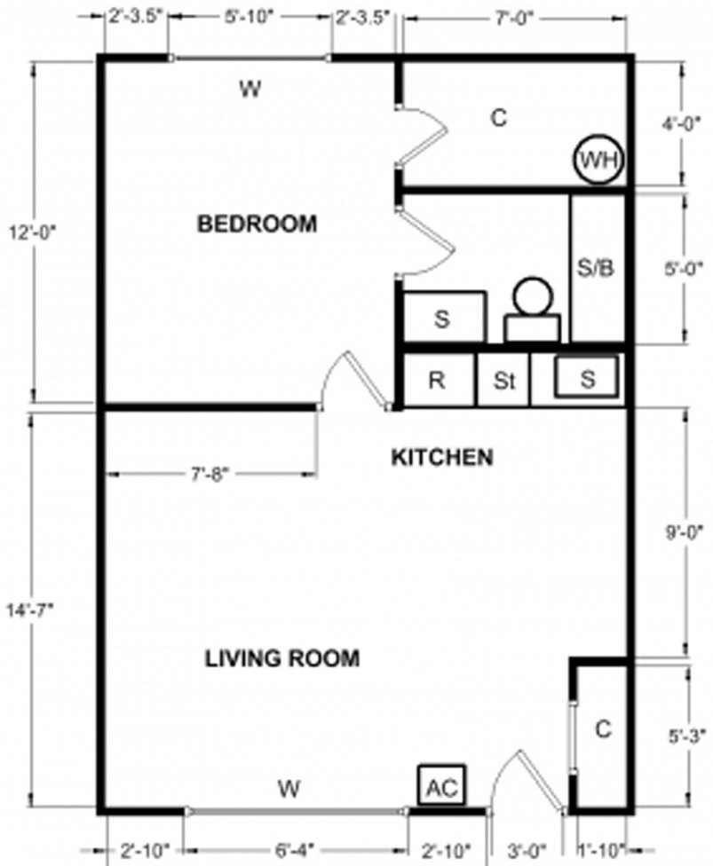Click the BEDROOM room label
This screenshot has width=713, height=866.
257,224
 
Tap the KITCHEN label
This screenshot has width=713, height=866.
441,458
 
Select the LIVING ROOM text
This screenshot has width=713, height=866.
282,658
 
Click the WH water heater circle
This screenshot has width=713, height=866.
599,160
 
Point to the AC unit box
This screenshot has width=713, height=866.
441,787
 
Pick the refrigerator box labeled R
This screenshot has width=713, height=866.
437,381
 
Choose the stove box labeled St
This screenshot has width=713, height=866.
504,382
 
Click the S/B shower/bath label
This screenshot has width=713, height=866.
595,268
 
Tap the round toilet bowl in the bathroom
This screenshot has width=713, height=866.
531,296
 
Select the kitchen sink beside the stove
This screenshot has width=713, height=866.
587,379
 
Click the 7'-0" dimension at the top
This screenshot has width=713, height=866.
515,17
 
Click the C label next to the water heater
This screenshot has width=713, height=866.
499,117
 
